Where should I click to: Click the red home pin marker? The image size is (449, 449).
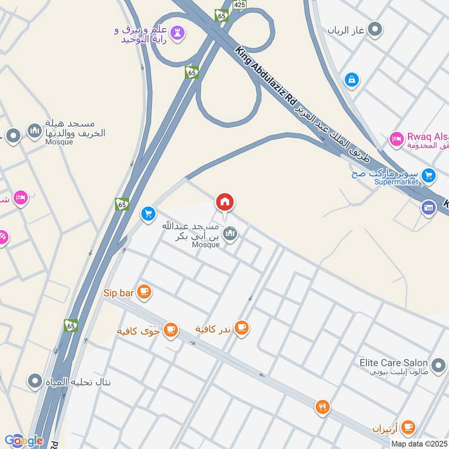[225, 203]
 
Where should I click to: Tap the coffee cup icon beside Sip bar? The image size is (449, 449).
[144, 291]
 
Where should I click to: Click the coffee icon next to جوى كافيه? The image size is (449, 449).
[171, 330]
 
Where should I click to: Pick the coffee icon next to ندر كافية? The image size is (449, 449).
[241, 327]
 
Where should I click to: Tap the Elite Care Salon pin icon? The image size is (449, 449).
[438, 363]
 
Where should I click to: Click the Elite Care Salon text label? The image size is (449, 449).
[394, 363]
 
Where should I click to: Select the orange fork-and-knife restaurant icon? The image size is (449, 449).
[322, 407]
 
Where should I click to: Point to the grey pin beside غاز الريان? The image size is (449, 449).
[375, 29]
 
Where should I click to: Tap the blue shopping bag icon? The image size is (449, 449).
[351, 80]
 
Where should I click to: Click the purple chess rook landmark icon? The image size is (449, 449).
[178, 33]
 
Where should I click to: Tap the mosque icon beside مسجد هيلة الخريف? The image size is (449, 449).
[35, 130]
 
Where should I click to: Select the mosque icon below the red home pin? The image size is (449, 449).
[230, 234]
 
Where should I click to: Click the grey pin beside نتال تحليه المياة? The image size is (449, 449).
[35, 382]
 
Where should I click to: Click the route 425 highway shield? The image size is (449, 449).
[239, 4]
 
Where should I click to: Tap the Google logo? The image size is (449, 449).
[23, 441]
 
